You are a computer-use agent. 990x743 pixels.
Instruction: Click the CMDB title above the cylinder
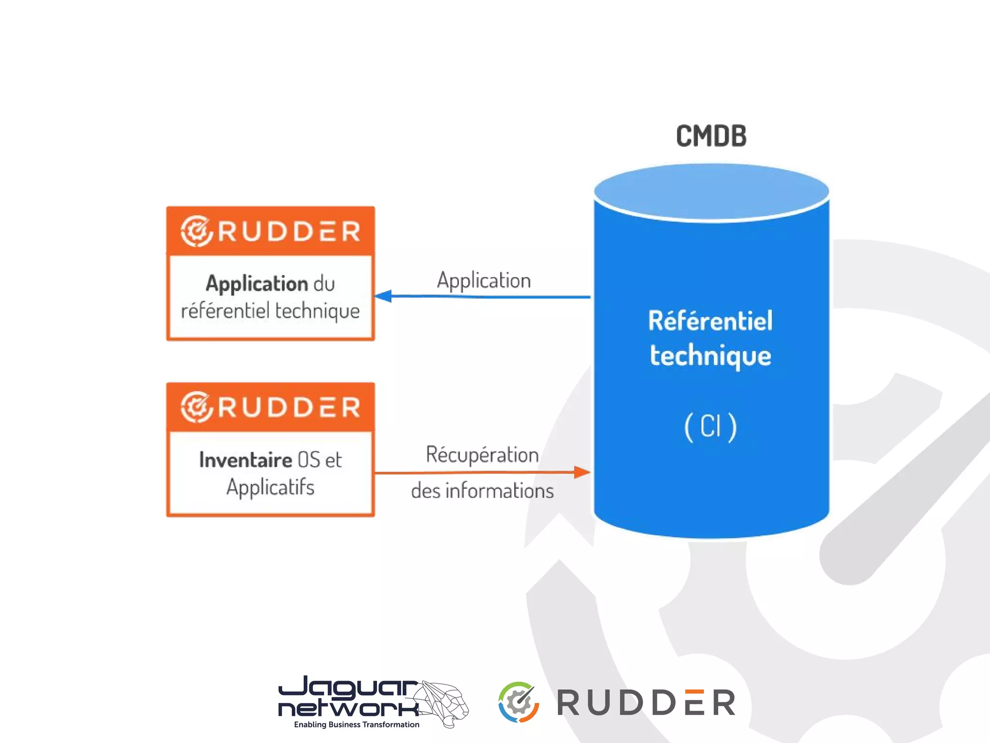tap(711, 136)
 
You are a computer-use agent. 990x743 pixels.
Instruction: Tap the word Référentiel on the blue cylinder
tap(710, 321)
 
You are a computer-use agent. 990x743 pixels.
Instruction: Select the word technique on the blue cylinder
tap(710, 356)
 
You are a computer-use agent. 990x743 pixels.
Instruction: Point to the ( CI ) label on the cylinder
tap(710, 426)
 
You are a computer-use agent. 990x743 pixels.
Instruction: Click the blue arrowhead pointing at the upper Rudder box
tap(383, 296)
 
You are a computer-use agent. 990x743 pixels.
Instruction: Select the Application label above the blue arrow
tap(484, 281)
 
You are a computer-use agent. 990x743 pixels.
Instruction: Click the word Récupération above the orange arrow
tap(482, 455)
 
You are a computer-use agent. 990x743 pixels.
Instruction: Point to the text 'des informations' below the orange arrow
tap(482, 491)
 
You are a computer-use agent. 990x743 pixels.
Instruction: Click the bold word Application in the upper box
tap(257, 284)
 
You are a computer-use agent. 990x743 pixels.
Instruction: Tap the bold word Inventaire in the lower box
tap(246, 460)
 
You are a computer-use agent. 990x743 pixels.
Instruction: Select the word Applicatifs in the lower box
tap(270, 487)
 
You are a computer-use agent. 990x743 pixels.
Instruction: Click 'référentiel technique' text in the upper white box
tap(270, 311)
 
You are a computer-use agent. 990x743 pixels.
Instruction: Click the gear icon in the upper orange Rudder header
tap(196, 231)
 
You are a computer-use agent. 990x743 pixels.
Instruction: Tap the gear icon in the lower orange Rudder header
tap(196, 407)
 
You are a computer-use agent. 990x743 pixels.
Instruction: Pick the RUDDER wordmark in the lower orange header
tap(289, 407)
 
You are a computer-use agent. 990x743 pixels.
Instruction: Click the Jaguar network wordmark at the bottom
tap(349, 697)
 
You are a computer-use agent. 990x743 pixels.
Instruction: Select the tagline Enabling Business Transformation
tap(356, 724)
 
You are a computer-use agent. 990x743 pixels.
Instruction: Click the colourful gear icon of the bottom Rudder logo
tap(519, 702)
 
